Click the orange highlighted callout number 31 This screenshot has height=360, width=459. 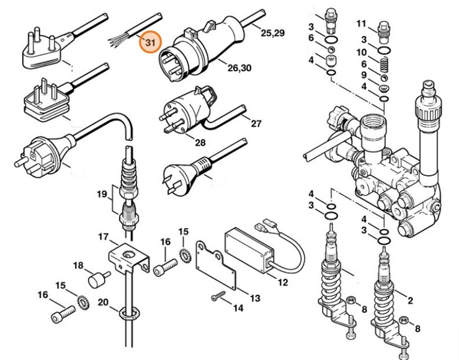click(149, 43)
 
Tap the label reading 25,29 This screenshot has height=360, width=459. click(272, 33)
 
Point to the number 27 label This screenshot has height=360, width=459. click(256, 123)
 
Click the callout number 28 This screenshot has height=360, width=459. click(182, 143)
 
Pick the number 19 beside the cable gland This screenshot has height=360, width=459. click(102, 195)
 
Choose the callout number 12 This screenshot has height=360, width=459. click(282, 283)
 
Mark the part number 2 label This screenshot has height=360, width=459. click(410, 301)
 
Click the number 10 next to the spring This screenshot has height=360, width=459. click(362, 52)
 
